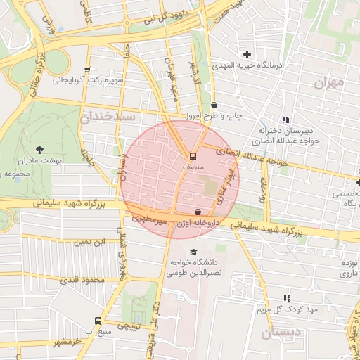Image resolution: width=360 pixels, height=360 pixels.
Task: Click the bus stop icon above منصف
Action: coord(192,156)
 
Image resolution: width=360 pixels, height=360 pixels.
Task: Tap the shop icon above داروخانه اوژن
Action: coord(198,211)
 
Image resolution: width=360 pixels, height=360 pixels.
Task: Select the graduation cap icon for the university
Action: coord(193,252)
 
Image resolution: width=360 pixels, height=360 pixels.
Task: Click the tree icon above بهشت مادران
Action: coord(39,149)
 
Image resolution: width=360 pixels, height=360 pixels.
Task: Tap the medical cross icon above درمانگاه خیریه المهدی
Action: coord(247,54)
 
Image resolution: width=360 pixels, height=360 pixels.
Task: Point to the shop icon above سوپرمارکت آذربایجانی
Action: coord(86,70)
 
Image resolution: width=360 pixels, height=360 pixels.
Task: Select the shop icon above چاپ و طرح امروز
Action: coord(214,105)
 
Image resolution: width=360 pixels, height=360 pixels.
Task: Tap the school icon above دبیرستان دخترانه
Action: coord(285,120)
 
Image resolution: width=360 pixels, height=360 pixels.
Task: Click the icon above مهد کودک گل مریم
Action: coord(286,299)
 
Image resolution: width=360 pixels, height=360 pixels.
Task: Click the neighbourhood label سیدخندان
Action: coord(106,117)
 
